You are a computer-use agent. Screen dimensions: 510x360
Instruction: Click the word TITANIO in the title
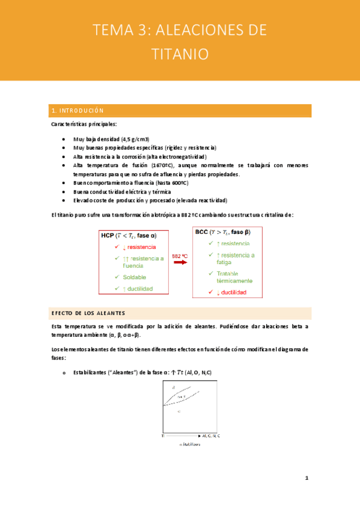180,54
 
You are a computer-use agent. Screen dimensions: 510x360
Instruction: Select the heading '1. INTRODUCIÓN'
78,111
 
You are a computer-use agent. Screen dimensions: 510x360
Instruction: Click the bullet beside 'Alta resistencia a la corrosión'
64,156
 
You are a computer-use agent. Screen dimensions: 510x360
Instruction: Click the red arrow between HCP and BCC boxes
180,265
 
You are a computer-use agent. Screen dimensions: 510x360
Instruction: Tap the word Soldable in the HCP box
135,277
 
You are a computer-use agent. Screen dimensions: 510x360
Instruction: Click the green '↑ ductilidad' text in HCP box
137,289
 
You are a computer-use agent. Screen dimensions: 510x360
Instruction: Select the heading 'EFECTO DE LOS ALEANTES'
88,313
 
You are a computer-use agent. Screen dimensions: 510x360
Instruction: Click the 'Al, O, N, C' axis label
210,435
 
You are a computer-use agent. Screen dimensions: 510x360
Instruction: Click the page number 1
307,479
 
